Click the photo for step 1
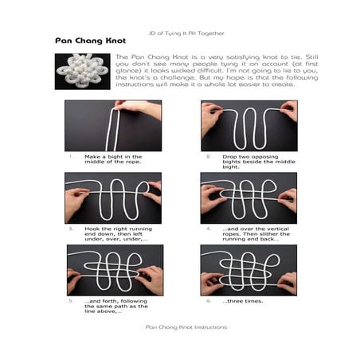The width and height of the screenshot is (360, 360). [113, 125]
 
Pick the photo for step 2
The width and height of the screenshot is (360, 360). [248, 125]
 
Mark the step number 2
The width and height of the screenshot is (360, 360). [209, 156]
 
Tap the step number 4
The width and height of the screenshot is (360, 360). [209, 229]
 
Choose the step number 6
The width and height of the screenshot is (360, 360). [209, 301]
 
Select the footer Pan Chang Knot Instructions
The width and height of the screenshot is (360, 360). [180, 327]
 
